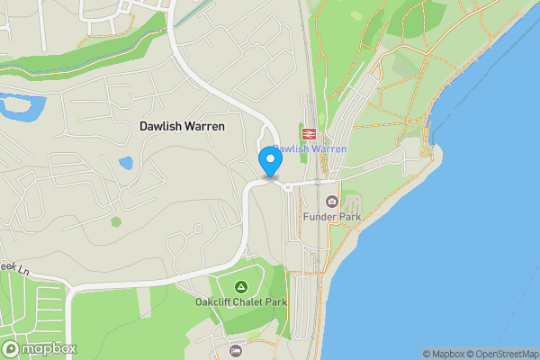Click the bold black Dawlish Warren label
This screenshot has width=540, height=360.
tap(183, 127)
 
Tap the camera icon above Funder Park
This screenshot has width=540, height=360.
tap(332, 201)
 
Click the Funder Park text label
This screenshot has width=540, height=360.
tap(332, 218)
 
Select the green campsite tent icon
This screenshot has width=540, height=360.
tap(241, 286)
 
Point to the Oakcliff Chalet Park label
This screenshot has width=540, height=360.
tap(241, 302)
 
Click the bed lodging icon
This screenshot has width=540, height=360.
tap(236, 350)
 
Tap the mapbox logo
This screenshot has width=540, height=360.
tap(40, 348)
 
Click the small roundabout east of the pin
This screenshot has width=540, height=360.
tap(287, 187)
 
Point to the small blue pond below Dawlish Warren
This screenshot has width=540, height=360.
tap(125, 165)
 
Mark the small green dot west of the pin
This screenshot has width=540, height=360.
tap(115, 221)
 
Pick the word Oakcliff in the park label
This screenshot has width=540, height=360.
tap(212, 302)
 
